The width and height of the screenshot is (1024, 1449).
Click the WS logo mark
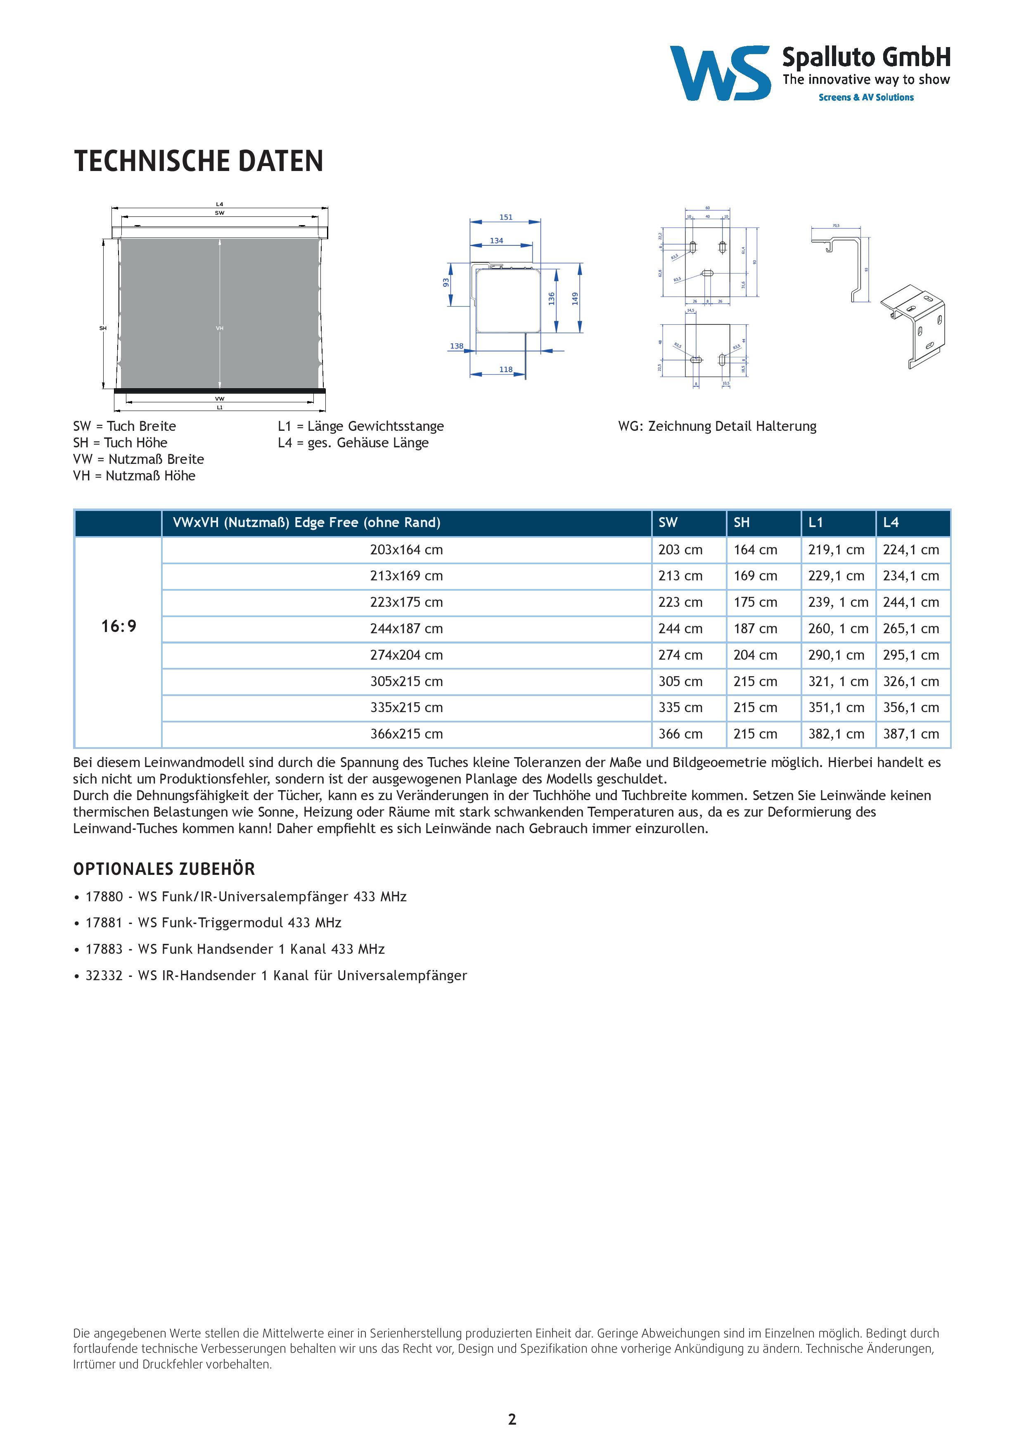[x=720, y=73]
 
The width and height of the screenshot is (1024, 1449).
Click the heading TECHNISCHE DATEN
[x=199, y=161]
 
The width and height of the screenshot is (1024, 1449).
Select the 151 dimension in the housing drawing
[x=506, y=217]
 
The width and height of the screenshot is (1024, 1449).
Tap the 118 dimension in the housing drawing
[x=506, y=369]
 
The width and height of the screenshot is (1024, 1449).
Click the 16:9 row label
[x=119, y=626]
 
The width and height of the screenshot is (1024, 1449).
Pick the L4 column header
[x=891, y=522]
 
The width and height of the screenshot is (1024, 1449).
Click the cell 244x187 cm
[x=406, y=629]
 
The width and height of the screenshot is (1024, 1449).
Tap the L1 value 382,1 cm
[x=836, y=734]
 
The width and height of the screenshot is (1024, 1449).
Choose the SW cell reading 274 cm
[x=680, y=655]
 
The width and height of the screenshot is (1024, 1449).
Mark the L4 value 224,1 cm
[x=911, y=550]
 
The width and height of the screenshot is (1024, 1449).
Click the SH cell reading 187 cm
[x=755, y=629]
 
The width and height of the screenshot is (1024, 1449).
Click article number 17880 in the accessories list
[x=104, y=896]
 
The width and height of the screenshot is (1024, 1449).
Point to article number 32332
[x=104, y=975]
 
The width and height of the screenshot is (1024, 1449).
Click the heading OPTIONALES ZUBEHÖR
[x=164, y=869]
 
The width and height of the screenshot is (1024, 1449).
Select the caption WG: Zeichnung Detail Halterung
[x=717, y=426]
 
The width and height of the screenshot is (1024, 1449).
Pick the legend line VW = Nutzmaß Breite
[x=139, y=459]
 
